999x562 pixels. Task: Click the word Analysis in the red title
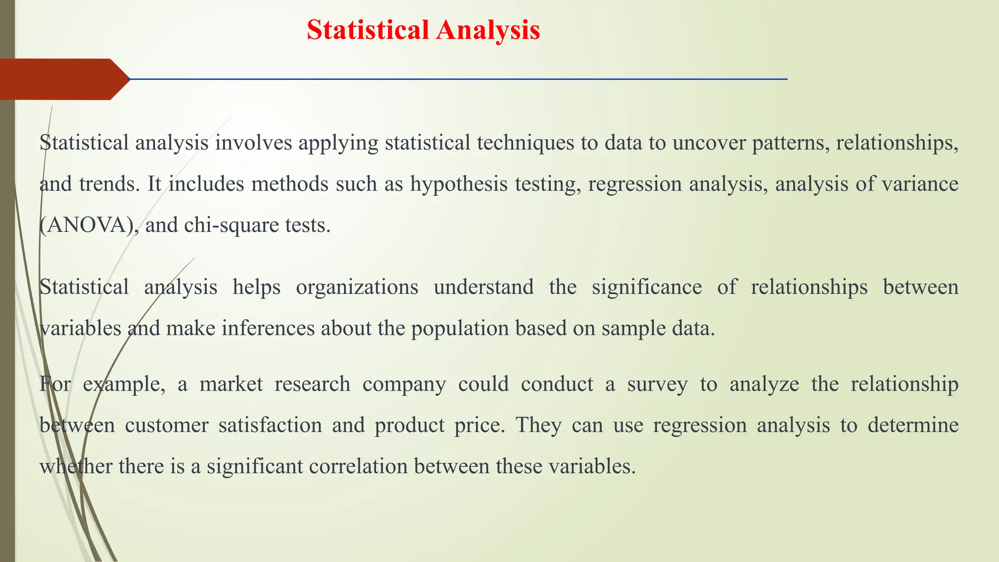pyautogui.click(x=488, y=30)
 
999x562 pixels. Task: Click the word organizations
pyautogui.click(x=357, y=287)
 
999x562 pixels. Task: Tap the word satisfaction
pyautogui.click(x=270, y=425)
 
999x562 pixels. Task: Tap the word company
pyautogui.click(x=404, y=384)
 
